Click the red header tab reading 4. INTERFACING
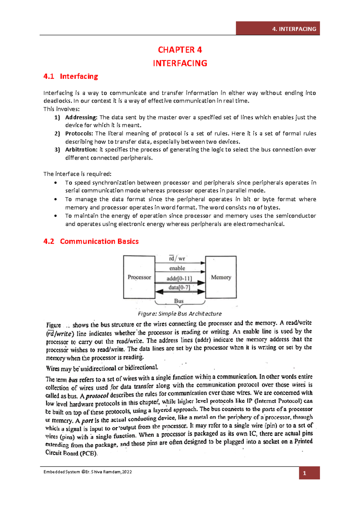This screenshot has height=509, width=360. tap(277, 29)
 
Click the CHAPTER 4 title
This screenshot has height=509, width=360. tap(180, 50)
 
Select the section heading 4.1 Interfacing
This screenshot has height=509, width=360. tap(70, 77)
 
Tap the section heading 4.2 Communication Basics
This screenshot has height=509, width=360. tap(91, 241)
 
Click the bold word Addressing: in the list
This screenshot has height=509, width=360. tap(81, 117)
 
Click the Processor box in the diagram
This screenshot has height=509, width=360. tap(139, 277)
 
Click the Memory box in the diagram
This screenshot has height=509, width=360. tap(221, 277)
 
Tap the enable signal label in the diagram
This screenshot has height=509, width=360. tap(177, 268)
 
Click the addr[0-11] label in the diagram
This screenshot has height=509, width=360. tap(179, 278)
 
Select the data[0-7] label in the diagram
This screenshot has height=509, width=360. tap(179, 287)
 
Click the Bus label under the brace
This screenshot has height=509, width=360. tap(179, 301)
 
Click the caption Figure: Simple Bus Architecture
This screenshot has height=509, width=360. tap(180, 314)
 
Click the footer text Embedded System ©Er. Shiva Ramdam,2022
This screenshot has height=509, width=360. tap(88, 472)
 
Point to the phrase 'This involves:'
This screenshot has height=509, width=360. tap(61, 109)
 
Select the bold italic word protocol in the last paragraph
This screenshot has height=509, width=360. tap(97, 396)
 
